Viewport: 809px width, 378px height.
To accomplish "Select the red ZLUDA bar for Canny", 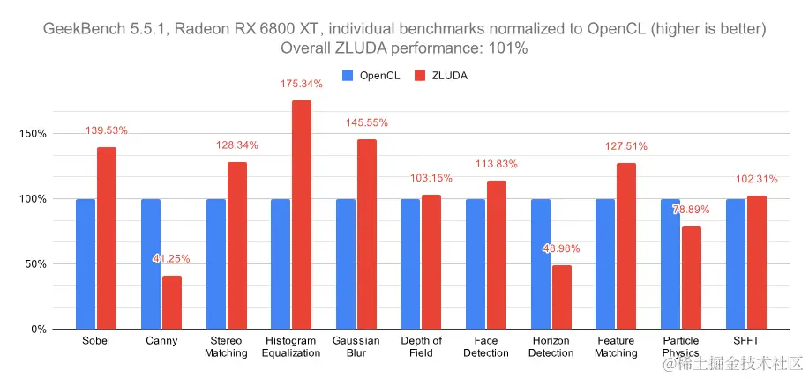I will point(171,302).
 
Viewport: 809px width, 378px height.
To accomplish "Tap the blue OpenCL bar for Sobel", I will point(86,263).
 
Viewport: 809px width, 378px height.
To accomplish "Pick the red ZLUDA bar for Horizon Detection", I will point(561,297).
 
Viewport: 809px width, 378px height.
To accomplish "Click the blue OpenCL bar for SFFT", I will point(736,263).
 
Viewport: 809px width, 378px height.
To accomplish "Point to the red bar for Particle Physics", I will point(692,278).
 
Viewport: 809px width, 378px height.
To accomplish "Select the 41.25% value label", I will point(171,259).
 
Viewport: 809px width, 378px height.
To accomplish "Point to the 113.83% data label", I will point(496,164).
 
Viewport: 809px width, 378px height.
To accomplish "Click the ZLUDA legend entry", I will point(443,76).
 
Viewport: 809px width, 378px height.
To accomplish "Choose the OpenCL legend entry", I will point(371,76).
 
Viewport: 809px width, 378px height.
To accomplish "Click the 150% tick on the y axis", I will point(33,134).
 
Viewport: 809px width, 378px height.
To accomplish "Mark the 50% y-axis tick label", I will point(35,264).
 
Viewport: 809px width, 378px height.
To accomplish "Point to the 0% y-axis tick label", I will point(38,330).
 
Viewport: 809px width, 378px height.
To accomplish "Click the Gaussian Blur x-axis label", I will point(356,346).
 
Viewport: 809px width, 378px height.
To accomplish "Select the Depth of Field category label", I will point(421,346).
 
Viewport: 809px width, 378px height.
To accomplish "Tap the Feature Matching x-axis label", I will point(616,346).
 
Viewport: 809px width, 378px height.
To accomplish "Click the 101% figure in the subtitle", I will point(511,48).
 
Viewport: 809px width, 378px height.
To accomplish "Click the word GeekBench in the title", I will point(79,30).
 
